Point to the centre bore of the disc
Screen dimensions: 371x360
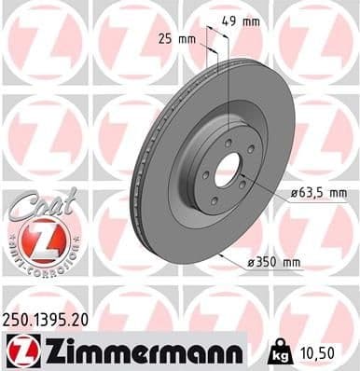coord(227,169)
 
